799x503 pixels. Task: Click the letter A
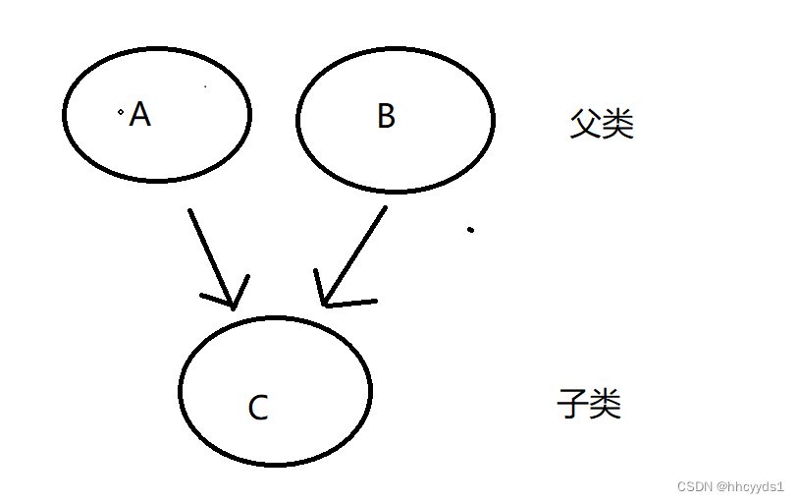(x=140, y=115)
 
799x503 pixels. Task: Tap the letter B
(x=386, y=116)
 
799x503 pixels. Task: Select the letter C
(x=258, y=407)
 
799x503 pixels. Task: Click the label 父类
(x=602, y=124)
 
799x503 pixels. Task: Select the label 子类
(x=589, y=404)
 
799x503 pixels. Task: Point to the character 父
(x=586, y=124)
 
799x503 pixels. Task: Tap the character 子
(x=572, y=404)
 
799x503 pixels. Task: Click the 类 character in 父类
(x=618, y=124)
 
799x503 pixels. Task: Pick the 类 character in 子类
(x=606, y=404)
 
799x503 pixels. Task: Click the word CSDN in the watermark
(x=694, y=486)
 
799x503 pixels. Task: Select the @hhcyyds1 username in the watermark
(x=750, y=486)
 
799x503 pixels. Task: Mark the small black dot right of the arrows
(x=470, y=230)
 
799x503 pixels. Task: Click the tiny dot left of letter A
(x=121, y=113)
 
